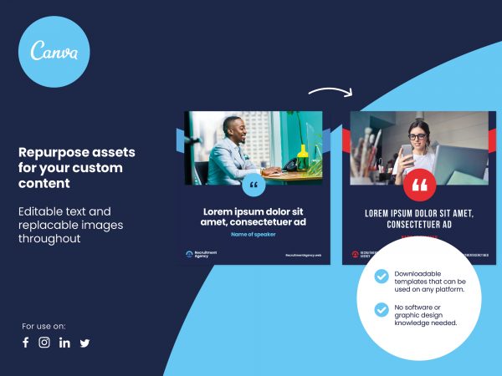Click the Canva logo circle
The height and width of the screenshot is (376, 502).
[54, 51]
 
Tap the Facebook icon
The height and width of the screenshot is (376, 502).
[26, 343]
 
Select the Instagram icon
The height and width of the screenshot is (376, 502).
[44, 343]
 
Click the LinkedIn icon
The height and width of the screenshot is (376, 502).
[64, 343]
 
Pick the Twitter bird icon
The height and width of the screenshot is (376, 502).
[85, 343]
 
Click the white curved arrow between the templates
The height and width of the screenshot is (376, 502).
[330, 91]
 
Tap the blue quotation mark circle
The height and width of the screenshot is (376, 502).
[253, 185]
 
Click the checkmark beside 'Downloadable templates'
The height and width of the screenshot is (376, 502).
[382, 276]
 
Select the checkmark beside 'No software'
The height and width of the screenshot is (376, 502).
[382, 310]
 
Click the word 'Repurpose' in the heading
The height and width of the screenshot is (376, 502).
[52, 153]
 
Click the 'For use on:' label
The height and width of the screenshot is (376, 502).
[44, 326]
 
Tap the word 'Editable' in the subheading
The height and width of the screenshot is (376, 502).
[41, 211]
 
